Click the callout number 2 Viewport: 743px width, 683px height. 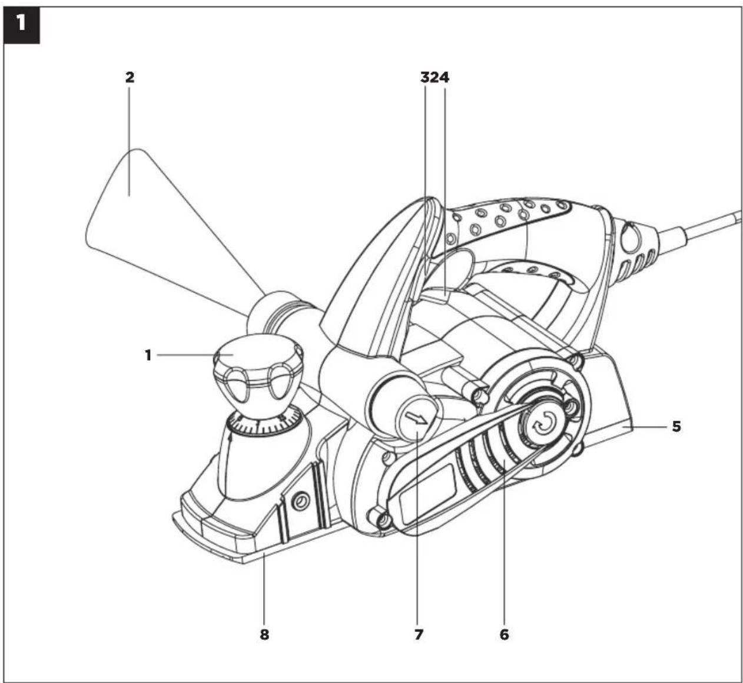pos(130,78)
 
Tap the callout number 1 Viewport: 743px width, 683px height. pos(148,355)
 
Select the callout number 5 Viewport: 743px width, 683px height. pos(676,427)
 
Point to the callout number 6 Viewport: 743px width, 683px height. pos(504,635)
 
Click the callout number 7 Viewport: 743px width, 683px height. pos(419,635)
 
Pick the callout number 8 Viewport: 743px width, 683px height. pos(264,635)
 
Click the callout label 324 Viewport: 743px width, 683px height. pos(434,78)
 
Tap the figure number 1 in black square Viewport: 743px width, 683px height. pos(21,24)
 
